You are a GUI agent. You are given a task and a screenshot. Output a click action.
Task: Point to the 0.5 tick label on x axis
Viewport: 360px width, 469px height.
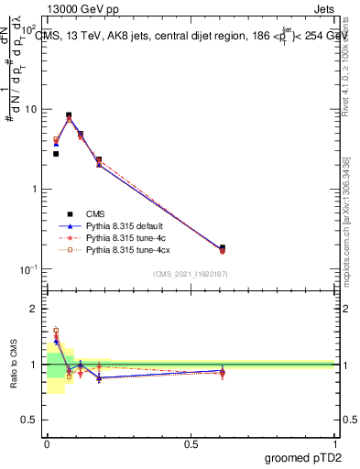[191, 444]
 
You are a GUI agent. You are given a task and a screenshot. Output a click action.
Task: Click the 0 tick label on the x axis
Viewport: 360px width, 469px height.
[47, 444]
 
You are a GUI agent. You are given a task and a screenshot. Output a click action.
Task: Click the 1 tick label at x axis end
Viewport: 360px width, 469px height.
[335, 444]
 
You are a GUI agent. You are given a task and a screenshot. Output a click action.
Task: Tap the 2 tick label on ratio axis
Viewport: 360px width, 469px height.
[36, 309]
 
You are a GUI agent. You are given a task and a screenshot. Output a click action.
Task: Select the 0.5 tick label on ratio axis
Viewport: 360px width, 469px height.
[31, 420]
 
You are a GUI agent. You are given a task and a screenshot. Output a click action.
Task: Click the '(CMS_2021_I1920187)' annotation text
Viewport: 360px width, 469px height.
[191, 273]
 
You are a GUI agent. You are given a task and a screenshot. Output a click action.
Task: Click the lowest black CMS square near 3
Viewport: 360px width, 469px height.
[56, 154]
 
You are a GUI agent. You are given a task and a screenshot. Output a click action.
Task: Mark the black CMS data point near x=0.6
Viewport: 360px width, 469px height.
[223, 247]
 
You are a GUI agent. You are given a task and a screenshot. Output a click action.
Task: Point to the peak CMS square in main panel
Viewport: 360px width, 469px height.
[69, 115]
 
